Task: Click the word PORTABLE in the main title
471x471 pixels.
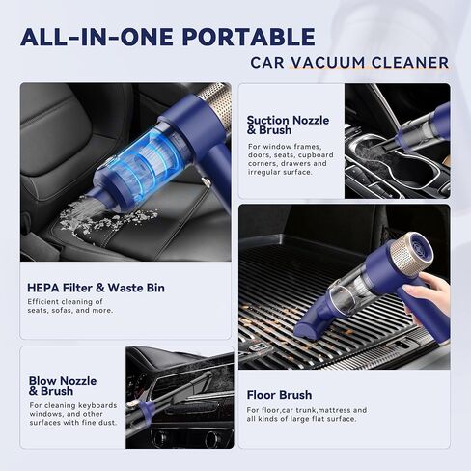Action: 249,37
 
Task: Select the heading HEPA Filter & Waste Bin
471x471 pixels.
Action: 96,288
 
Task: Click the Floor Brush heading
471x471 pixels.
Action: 279,395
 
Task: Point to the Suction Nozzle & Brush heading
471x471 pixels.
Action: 288,125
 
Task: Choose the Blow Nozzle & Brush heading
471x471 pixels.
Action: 63,386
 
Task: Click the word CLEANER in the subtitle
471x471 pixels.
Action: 410,63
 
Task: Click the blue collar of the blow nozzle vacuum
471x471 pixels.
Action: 146,409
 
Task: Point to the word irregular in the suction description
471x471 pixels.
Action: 263,172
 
